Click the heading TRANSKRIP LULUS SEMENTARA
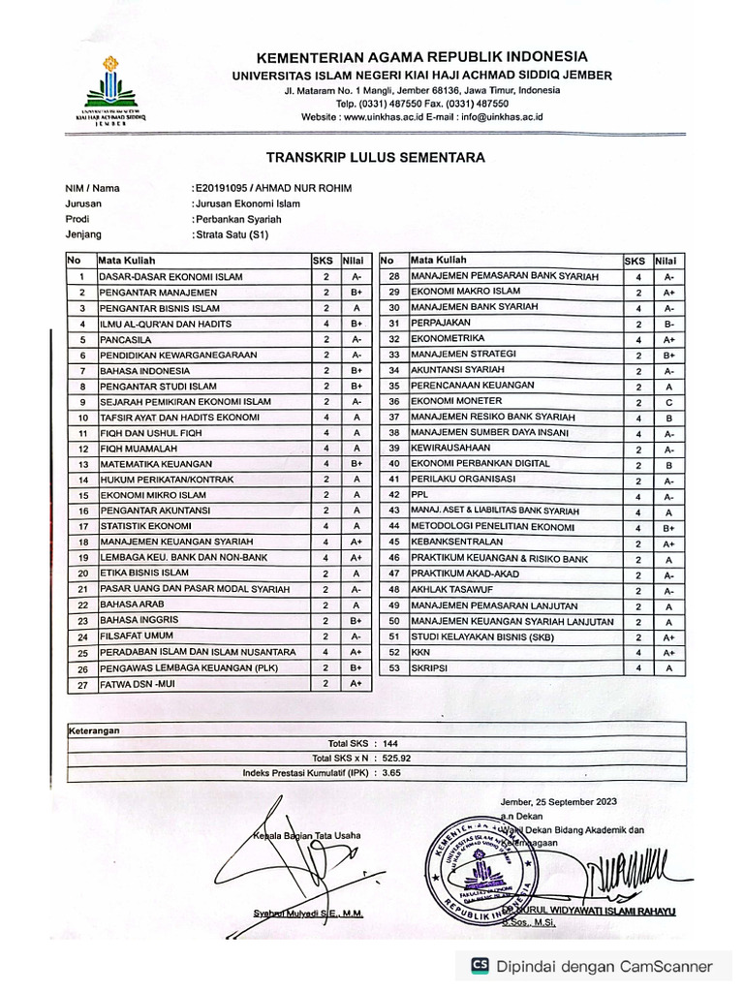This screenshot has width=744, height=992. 375,157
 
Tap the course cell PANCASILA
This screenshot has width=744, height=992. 122,339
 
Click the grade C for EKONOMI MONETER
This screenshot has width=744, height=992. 668,401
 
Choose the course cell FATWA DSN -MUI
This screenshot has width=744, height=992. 137,685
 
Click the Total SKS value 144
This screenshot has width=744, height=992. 390,743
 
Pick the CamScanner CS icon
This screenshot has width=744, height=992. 479,965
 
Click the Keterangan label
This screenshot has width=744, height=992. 94,730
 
